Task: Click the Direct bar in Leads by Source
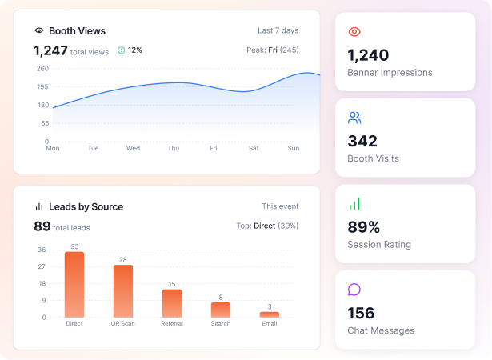point(74,284)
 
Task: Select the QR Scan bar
point(123,291)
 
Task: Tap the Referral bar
point(172,303)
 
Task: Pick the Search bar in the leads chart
point(221,310)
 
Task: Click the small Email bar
point(270,314)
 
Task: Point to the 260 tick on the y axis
point(42,69)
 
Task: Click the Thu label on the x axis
point(174,148)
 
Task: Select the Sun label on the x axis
point(294,148)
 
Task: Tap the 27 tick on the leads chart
point(42,266)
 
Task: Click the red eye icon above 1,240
point(354,32)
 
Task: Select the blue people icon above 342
point(354,118)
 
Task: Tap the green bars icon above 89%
point(354,204)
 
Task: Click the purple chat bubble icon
point(354,290)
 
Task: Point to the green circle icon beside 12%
point(121,50)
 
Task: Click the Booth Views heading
point(77,30)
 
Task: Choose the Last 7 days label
point(278,30)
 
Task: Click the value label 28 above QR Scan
point(123,259)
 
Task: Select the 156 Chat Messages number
point(361,313)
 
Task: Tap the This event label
point(280,206)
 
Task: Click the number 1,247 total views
point(51,50)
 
